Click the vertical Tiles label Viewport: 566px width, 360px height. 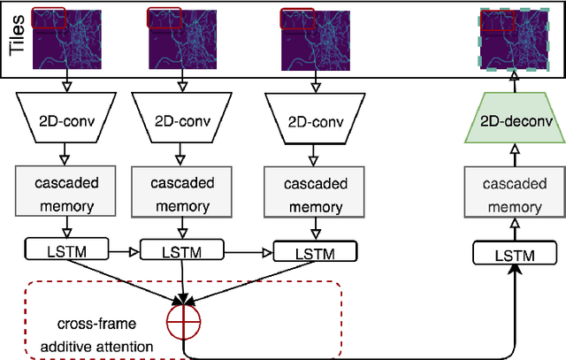coord(15,37)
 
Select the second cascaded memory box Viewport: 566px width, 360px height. coord(186,193)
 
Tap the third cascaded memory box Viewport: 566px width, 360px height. coord(316,193)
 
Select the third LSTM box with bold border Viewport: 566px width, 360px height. coord(316,251)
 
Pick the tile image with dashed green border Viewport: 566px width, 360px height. coord(515,37)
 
